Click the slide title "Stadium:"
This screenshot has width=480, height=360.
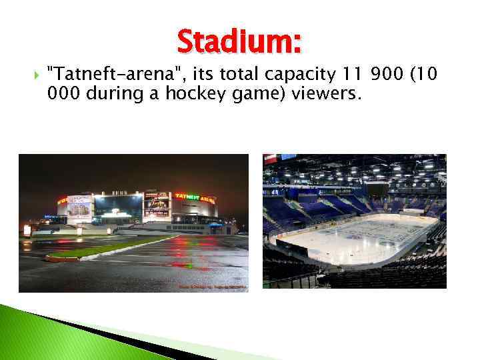click(x=239, y=43)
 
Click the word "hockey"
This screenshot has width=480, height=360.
click(x=203, y=94)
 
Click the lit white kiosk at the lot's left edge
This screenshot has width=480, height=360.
click(x=27, y=230)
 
